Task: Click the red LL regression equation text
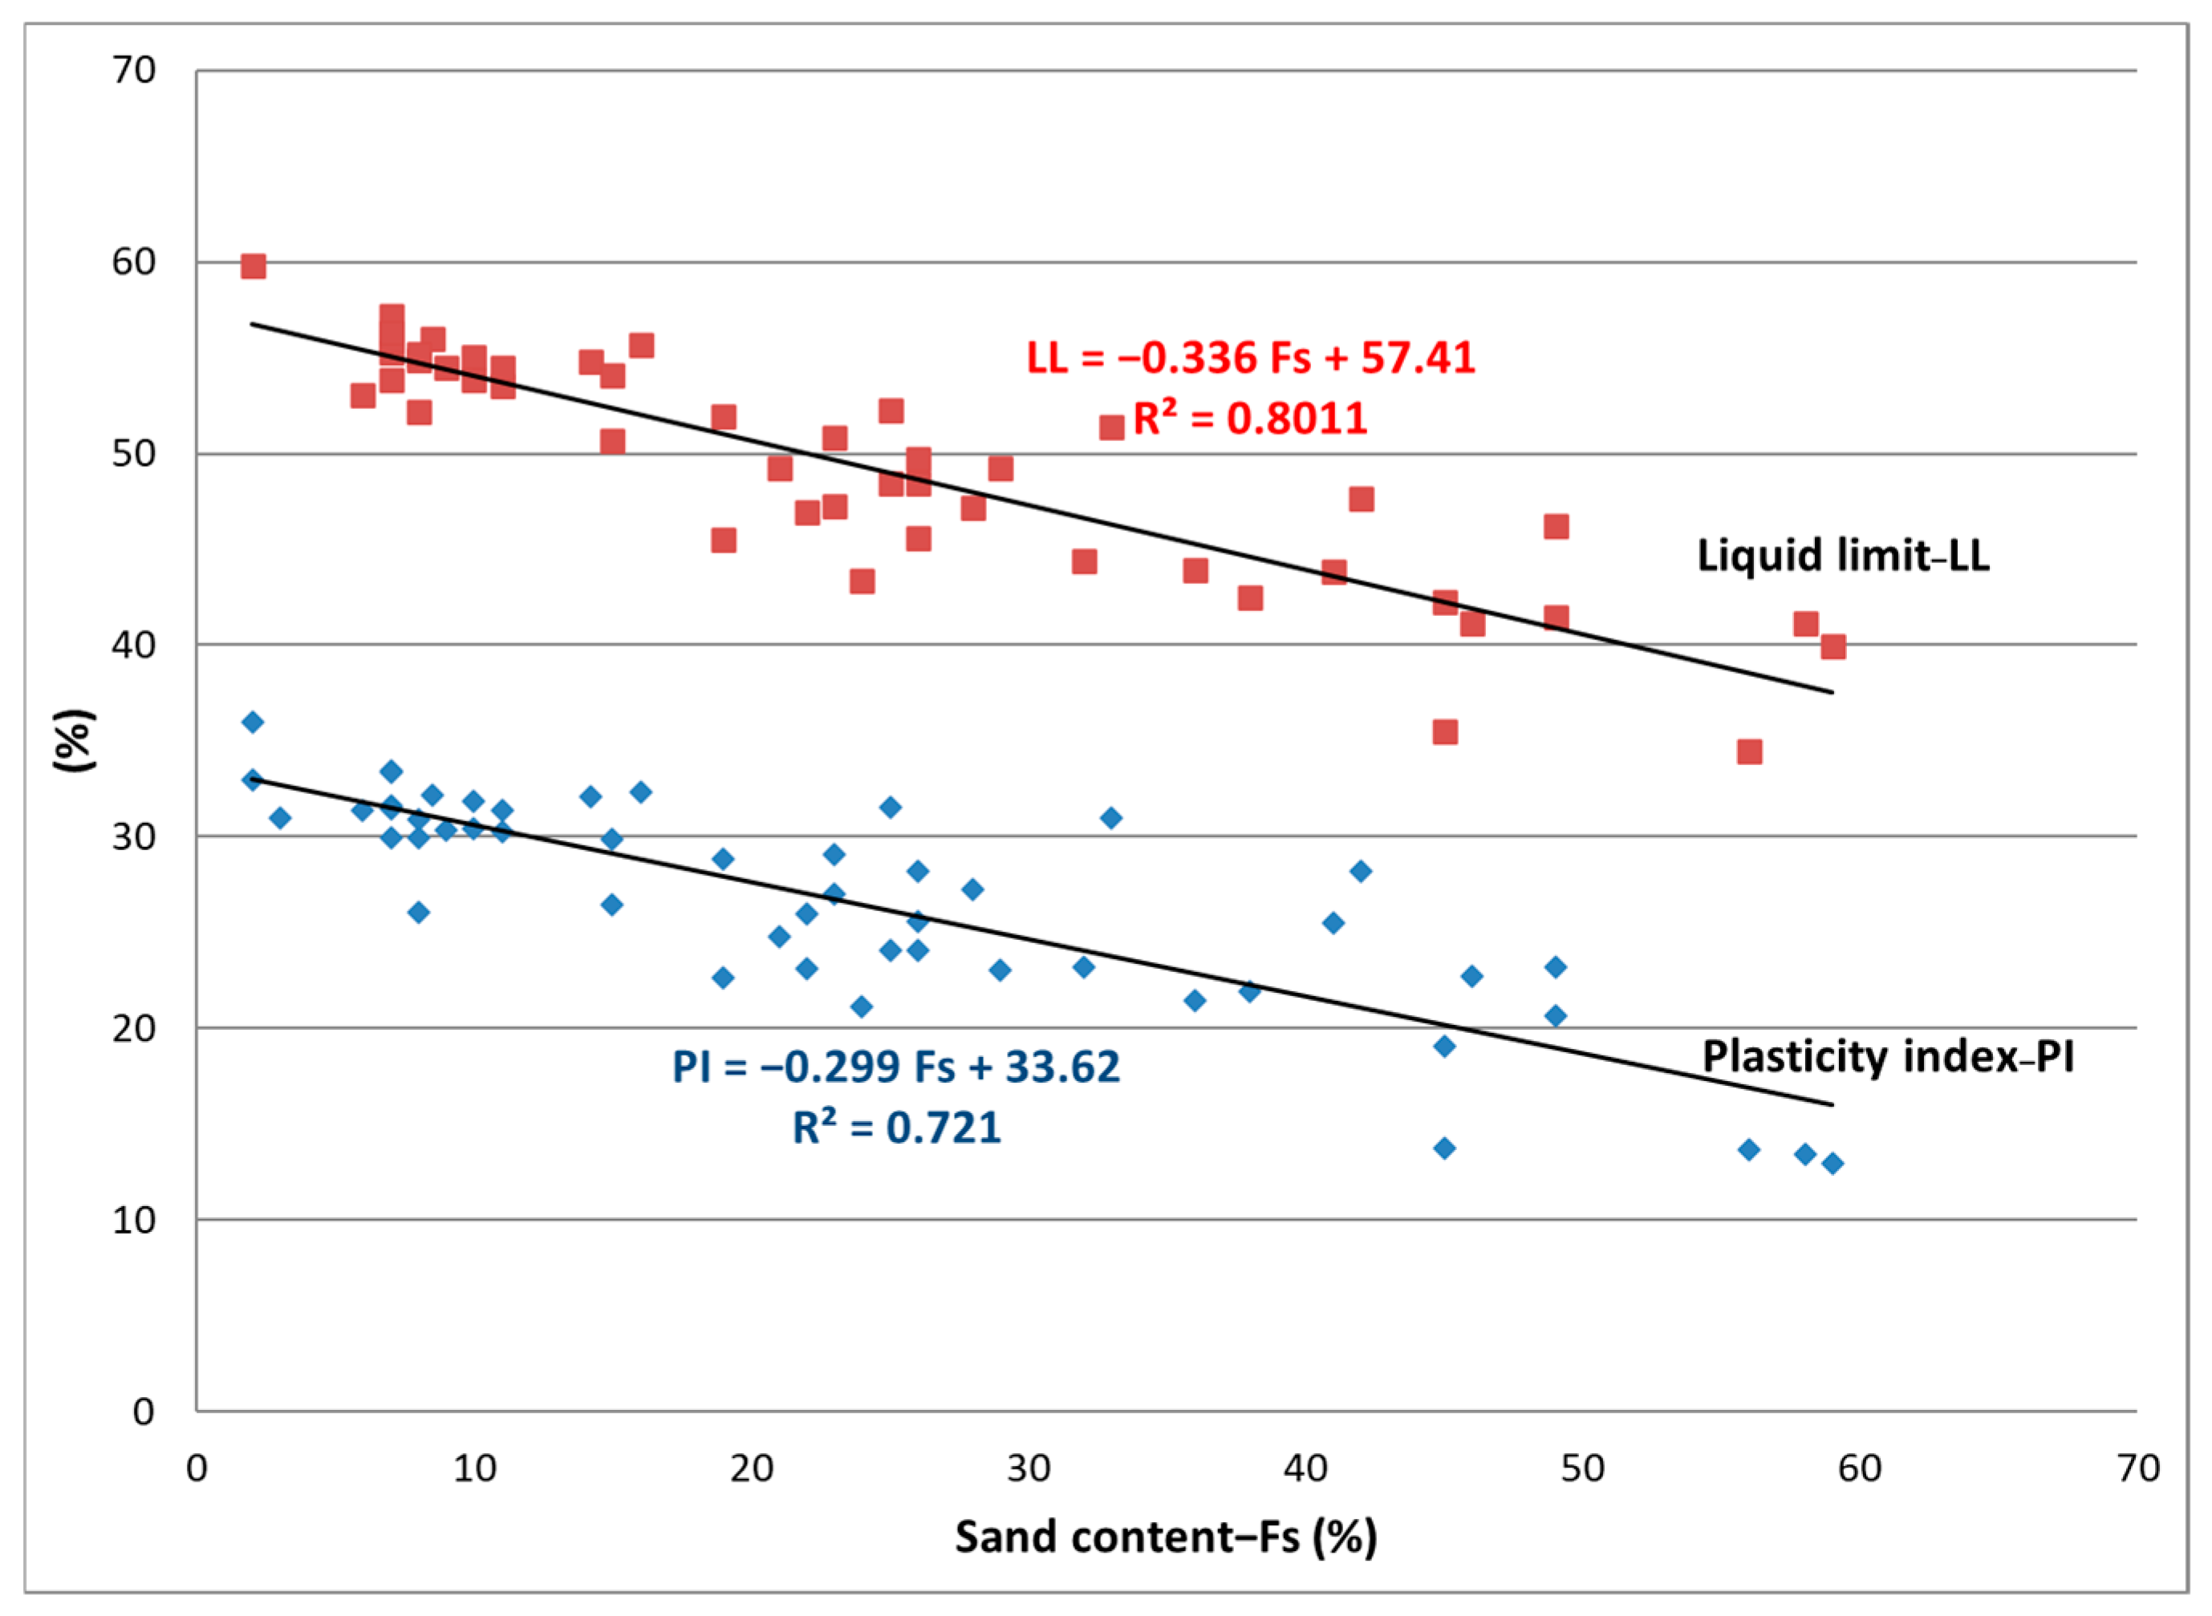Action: pos(1250,358)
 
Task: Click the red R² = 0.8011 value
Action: pos(1249,419)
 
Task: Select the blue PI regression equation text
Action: pos(895,1067)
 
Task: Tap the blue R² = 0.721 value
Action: pos(896,1128)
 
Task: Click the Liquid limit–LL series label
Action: pos(1842,556)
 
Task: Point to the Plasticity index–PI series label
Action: pos(1887,1058)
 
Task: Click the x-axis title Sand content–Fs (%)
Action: pos(1165,1537)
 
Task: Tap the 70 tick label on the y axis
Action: pos(133,71)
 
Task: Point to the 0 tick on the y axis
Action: pos(144,1411)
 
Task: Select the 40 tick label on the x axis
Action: pos(1305,1468)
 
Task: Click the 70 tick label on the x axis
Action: pos(2137,1468)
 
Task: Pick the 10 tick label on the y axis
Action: pos(133,1220)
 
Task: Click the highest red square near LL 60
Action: pos(253,266)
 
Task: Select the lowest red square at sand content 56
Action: pos(1749,752)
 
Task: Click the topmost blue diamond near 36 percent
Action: pos(253,722)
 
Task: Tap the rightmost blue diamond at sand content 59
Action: pos(1833,1163)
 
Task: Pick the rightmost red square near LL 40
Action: pos(1833,646)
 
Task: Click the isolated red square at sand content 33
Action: pos(1111,427)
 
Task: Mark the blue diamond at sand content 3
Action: pos(280,818)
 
